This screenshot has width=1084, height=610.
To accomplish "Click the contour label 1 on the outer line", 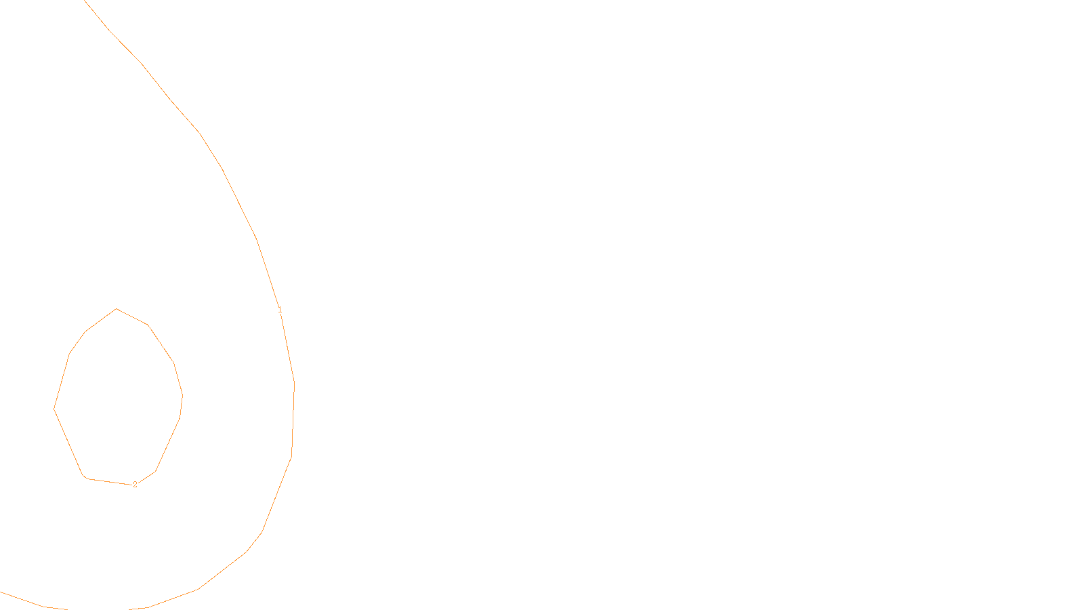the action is (x=280, y=310).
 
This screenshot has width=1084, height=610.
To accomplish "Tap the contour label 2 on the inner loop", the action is (x=135, y=485).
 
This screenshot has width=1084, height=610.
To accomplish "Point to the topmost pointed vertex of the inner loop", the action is (x=117, y=309).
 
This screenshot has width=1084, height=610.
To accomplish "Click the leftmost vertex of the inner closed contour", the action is (x=54, y=409).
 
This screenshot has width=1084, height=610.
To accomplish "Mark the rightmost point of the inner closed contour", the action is (x=182, y=395).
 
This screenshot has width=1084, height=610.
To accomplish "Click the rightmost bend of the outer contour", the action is (x=294, y=383).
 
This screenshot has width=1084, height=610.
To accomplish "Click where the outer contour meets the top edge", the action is (x=84, y=1).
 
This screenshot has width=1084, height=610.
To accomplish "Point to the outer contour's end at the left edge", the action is (x=1, y=592).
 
